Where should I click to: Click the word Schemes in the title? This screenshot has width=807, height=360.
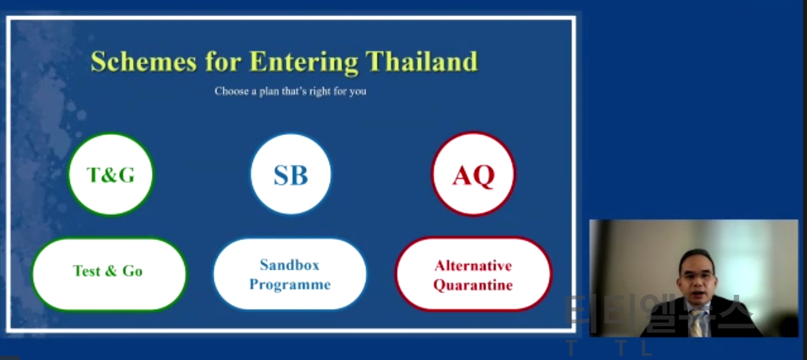[144, 61]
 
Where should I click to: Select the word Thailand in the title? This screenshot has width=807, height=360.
[421, 61]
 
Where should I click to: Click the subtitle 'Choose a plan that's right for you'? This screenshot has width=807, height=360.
[290, 91]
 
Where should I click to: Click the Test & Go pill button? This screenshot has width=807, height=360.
[109, 274]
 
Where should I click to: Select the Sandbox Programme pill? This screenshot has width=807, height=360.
[290, 274]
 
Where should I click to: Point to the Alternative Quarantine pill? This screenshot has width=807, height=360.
[473, 274]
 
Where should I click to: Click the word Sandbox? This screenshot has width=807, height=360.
[290, 265]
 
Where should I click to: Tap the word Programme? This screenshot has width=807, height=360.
[290, 285]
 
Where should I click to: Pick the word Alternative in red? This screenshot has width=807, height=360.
[473, 266]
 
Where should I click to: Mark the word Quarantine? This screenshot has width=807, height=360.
[473, 285]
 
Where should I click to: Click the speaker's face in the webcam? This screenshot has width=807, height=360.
[697, 275]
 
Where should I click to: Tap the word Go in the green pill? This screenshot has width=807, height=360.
[133, 271]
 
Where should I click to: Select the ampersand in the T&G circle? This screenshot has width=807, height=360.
[111, 175]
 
